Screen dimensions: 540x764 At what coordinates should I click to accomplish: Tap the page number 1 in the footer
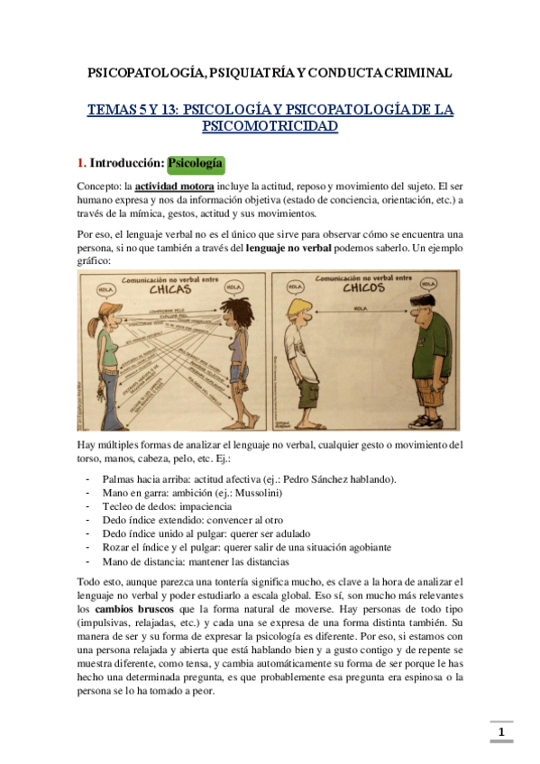click(501, 732)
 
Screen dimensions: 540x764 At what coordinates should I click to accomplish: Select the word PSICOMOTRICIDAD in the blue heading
click(270, 127)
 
